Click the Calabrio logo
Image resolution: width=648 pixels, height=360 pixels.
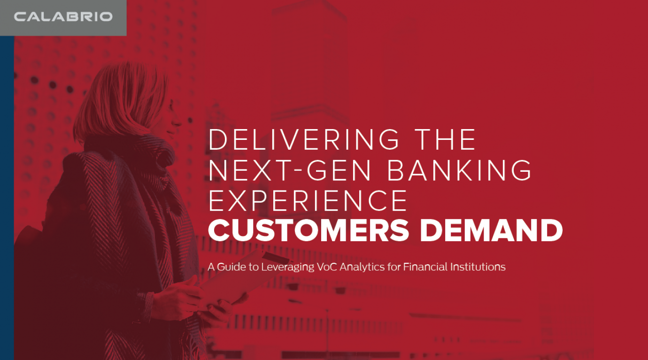(x=63, y=17)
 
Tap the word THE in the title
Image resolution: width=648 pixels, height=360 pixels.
(x=445, y=139)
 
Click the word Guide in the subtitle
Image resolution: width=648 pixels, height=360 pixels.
(x=229, y=267)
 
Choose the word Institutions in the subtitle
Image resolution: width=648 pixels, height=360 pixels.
(x=478, y=267)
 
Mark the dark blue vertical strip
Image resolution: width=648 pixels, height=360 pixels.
(x=7, y=197)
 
